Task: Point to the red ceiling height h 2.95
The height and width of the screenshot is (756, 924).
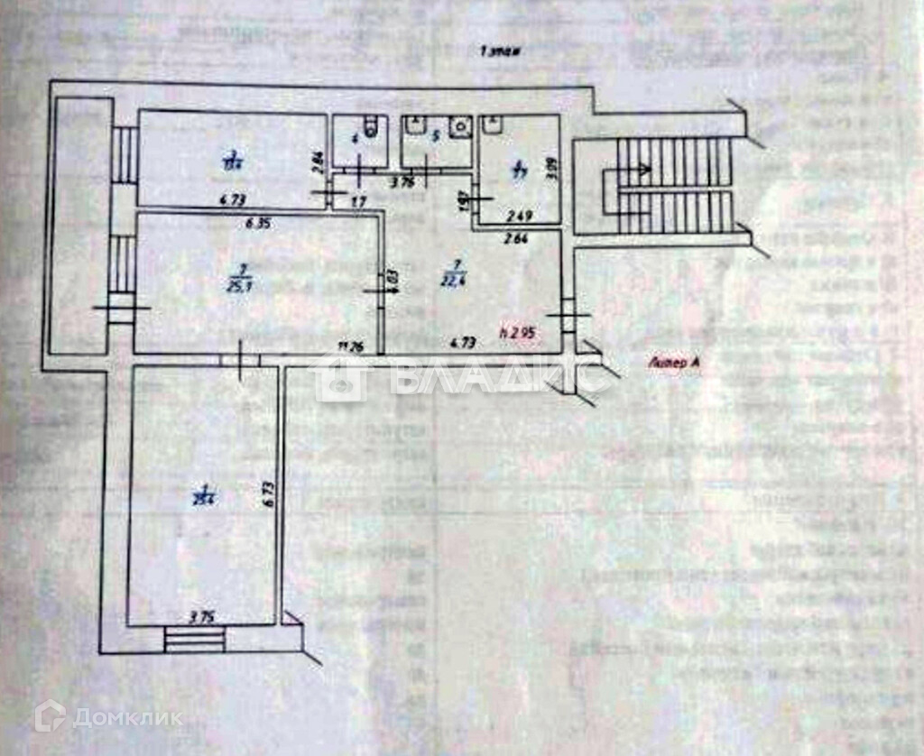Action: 518,332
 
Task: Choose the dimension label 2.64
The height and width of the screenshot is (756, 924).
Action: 517,238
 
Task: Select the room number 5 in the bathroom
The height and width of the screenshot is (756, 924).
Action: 435,138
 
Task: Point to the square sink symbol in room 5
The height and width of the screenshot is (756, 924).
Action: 461,125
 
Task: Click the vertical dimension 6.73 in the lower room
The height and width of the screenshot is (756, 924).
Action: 268,491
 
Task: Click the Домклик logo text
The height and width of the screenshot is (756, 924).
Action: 126,718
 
